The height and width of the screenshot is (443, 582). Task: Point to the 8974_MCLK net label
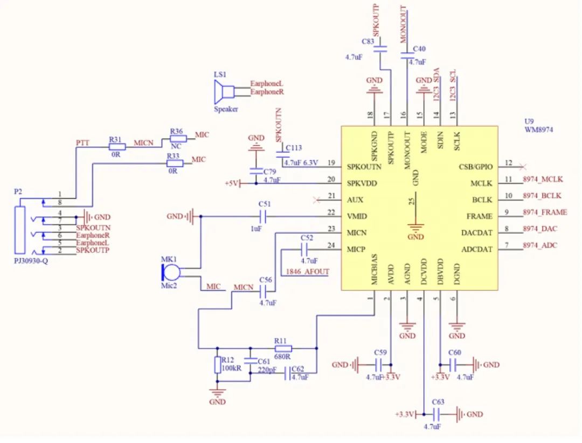(543, 179)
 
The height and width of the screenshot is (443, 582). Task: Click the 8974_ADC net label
(540, 246)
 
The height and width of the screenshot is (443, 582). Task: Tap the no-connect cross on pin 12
(521, 167)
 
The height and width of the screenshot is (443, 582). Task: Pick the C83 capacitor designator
(368, 41)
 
